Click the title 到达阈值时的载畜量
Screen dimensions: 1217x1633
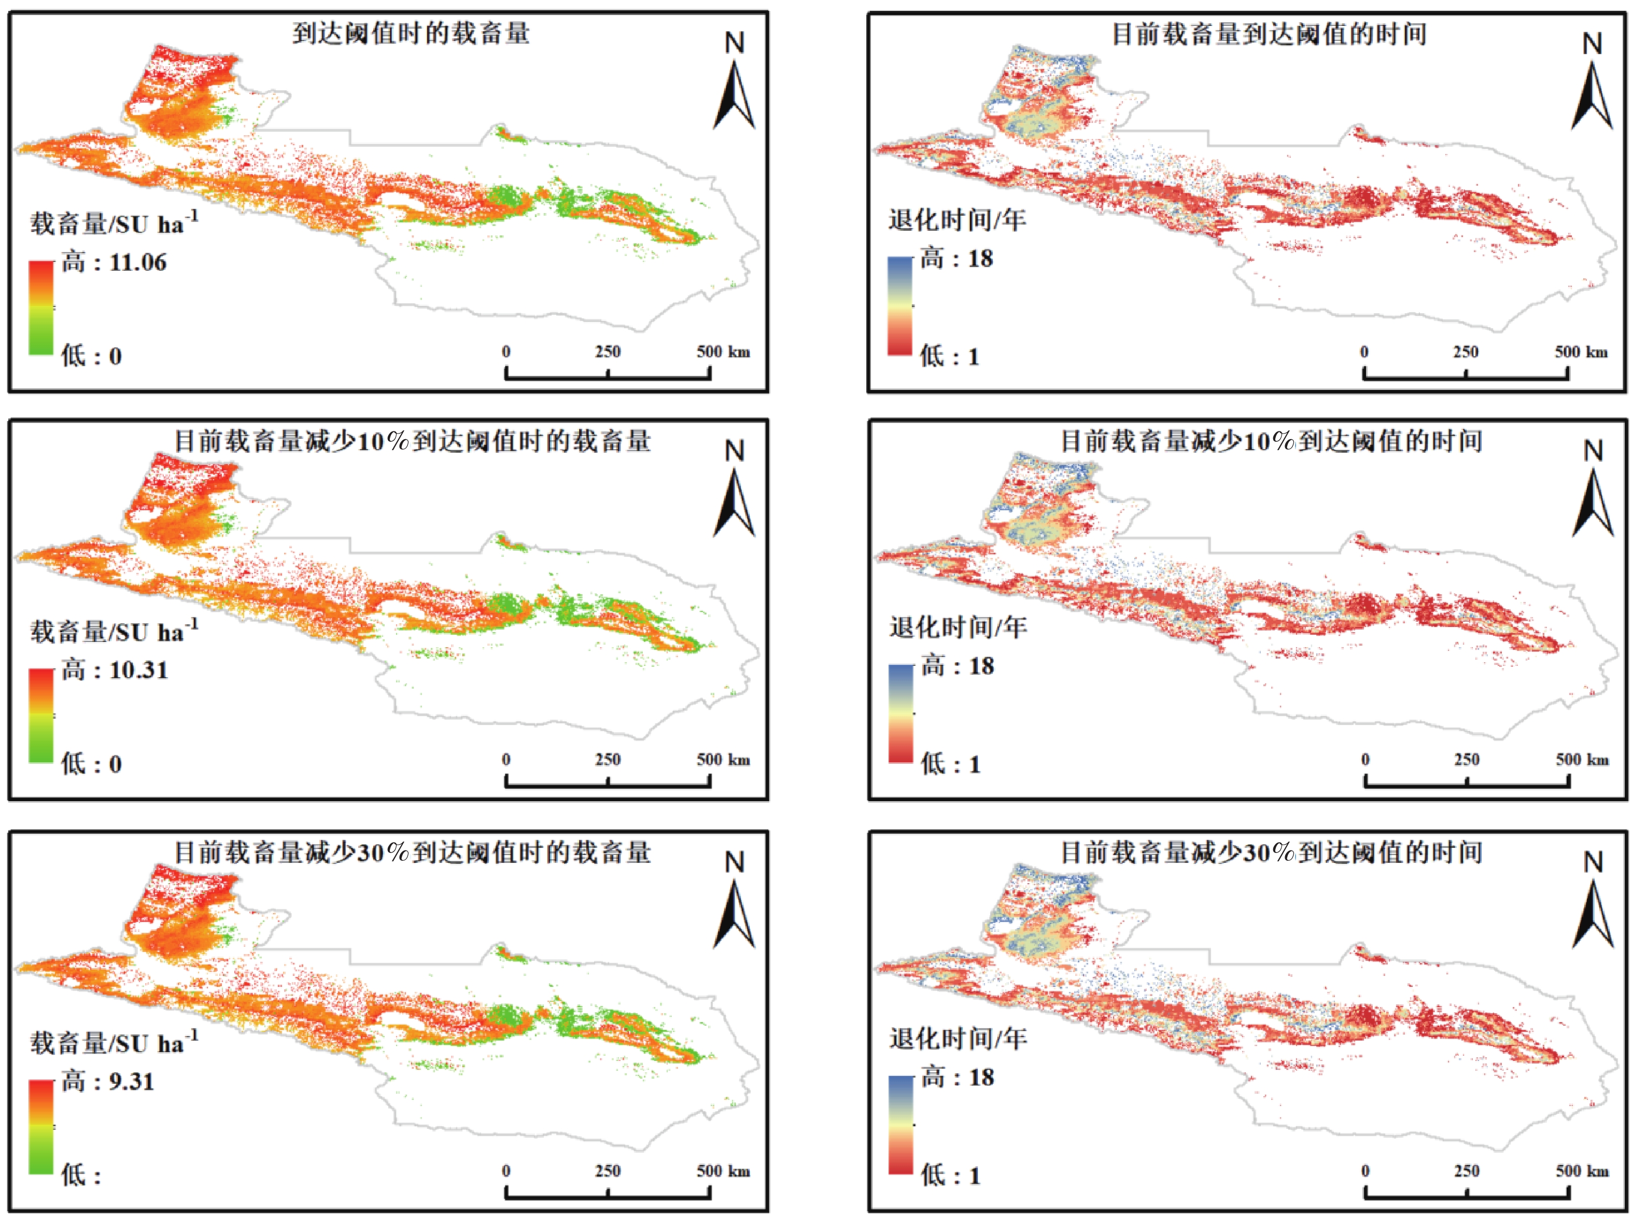click(410, 33)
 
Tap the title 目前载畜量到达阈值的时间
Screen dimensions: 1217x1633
click(1269, 34)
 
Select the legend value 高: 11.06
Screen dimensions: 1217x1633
click(114, 262)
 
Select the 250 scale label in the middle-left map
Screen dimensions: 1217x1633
click(608, 760)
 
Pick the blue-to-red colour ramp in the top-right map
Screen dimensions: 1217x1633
click(900, 306)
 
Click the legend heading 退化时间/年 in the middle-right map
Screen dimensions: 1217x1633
click(958, 627)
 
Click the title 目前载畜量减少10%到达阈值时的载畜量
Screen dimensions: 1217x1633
click(413, 441)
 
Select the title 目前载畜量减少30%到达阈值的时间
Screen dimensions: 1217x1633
click(1271, 852)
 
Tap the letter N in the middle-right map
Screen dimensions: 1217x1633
click(1593, 451)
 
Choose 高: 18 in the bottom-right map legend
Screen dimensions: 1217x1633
click(958, 1077)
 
